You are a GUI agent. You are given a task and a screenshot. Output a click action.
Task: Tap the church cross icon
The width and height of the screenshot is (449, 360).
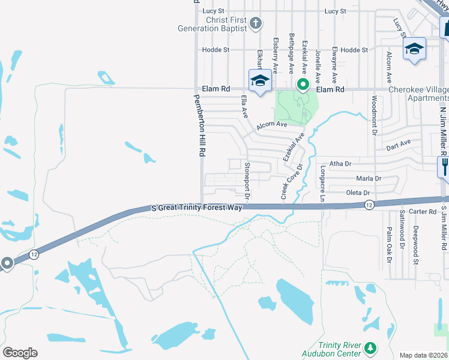click(256, 24)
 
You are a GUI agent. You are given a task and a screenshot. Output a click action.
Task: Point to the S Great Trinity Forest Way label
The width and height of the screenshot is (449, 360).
click(197, 208)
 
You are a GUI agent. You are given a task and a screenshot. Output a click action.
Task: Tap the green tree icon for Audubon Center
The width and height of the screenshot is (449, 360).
click(370, 348)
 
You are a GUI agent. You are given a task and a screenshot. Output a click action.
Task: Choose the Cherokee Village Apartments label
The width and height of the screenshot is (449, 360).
click(418, 94)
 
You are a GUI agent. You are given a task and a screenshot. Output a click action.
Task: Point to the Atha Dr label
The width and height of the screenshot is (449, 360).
click(340, 163)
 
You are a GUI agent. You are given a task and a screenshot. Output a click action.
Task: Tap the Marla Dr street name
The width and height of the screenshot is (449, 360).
click(369, 178)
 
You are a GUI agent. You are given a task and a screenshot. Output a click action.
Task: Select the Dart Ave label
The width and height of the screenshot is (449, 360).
click(399, 145)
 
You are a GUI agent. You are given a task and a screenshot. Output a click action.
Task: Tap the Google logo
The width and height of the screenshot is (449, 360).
click(20, 353)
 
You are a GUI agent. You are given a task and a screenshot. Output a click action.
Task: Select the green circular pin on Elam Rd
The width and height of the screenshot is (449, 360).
click(304, 84)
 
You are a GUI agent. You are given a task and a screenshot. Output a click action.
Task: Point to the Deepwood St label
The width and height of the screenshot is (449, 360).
click(415, 246)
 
